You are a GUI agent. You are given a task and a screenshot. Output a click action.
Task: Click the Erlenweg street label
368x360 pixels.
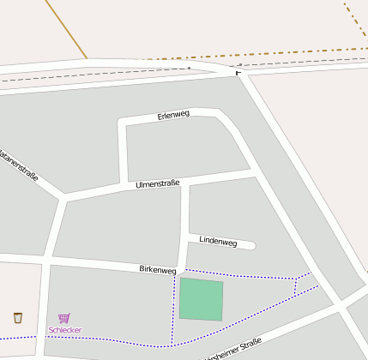point(173,115)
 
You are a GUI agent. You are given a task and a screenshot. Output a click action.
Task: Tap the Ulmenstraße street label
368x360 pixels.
point(157,183)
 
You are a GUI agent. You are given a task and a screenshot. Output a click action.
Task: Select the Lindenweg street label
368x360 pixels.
point(218,242)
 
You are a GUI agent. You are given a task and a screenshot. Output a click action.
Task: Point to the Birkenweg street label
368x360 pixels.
point(158,269)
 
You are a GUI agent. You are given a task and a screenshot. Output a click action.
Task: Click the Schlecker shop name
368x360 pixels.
point(65,330)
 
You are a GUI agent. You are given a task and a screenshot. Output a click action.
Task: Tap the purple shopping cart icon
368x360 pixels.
point(64,318)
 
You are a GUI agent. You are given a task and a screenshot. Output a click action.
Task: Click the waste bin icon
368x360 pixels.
point(18,318)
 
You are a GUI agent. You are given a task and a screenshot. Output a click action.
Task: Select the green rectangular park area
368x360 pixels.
point(201,299)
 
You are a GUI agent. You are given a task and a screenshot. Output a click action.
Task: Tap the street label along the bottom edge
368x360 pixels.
point(232,348)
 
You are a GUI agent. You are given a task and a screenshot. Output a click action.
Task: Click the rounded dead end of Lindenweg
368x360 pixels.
point(250,246)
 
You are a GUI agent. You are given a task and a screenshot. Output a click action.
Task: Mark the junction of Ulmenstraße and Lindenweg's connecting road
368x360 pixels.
point(186,182)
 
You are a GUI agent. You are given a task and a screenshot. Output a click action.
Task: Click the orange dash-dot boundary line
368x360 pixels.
point(283,53)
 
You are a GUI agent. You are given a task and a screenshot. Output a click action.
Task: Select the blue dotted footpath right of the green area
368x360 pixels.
point(257,277)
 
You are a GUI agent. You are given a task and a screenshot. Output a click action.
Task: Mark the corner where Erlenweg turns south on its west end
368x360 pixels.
point(122,123)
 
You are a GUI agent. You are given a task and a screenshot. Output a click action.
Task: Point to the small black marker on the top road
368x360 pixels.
point(238,73)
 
